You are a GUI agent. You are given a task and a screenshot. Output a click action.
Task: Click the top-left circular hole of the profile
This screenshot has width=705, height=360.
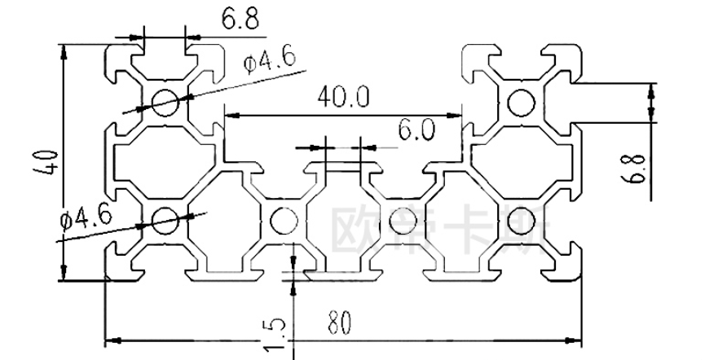click(167, 102)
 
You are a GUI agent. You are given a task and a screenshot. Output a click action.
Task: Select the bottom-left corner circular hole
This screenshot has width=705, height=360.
click(165, 218)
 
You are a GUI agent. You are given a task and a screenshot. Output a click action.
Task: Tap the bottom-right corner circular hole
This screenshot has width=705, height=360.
click(518, 218)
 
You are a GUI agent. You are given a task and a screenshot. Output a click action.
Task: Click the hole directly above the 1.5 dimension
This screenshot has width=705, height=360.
click(284, 220)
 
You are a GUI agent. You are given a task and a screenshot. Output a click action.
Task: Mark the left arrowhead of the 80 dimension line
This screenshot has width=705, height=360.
click(112, 336)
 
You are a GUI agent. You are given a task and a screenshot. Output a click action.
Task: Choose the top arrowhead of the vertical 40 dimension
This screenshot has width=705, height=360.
click(63, 49)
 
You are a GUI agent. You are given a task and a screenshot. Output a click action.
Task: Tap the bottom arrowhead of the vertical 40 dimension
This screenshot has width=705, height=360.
click(63, 275)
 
